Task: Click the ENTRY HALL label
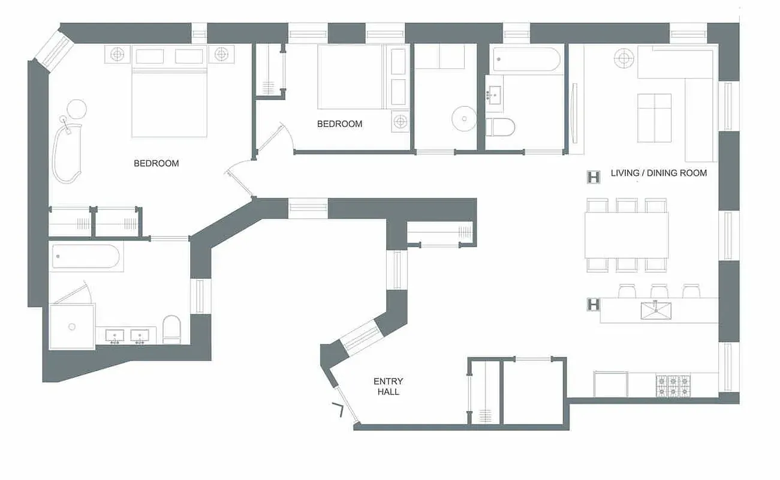tap(388, 386)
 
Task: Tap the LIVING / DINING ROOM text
tap(658, 173)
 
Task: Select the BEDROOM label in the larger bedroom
tap(156, 163)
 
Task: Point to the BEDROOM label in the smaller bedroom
tap(339, 124)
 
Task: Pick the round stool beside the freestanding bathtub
tap(76, 109)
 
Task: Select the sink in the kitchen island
tap(655, 311)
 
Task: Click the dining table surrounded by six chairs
tap(627, 235)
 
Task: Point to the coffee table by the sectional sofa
tap(654, 118)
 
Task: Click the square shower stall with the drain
tap(72, 326)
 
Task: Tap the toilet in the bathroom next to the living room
tap(500, 127)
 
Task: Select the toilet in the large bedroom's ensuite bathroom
tap(171, 329)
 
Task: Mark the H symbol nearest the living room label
tap(594, 177)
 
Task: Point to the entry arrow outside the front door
tap(339, 410)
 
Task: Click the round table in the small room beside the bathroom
tap(462, 117)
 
